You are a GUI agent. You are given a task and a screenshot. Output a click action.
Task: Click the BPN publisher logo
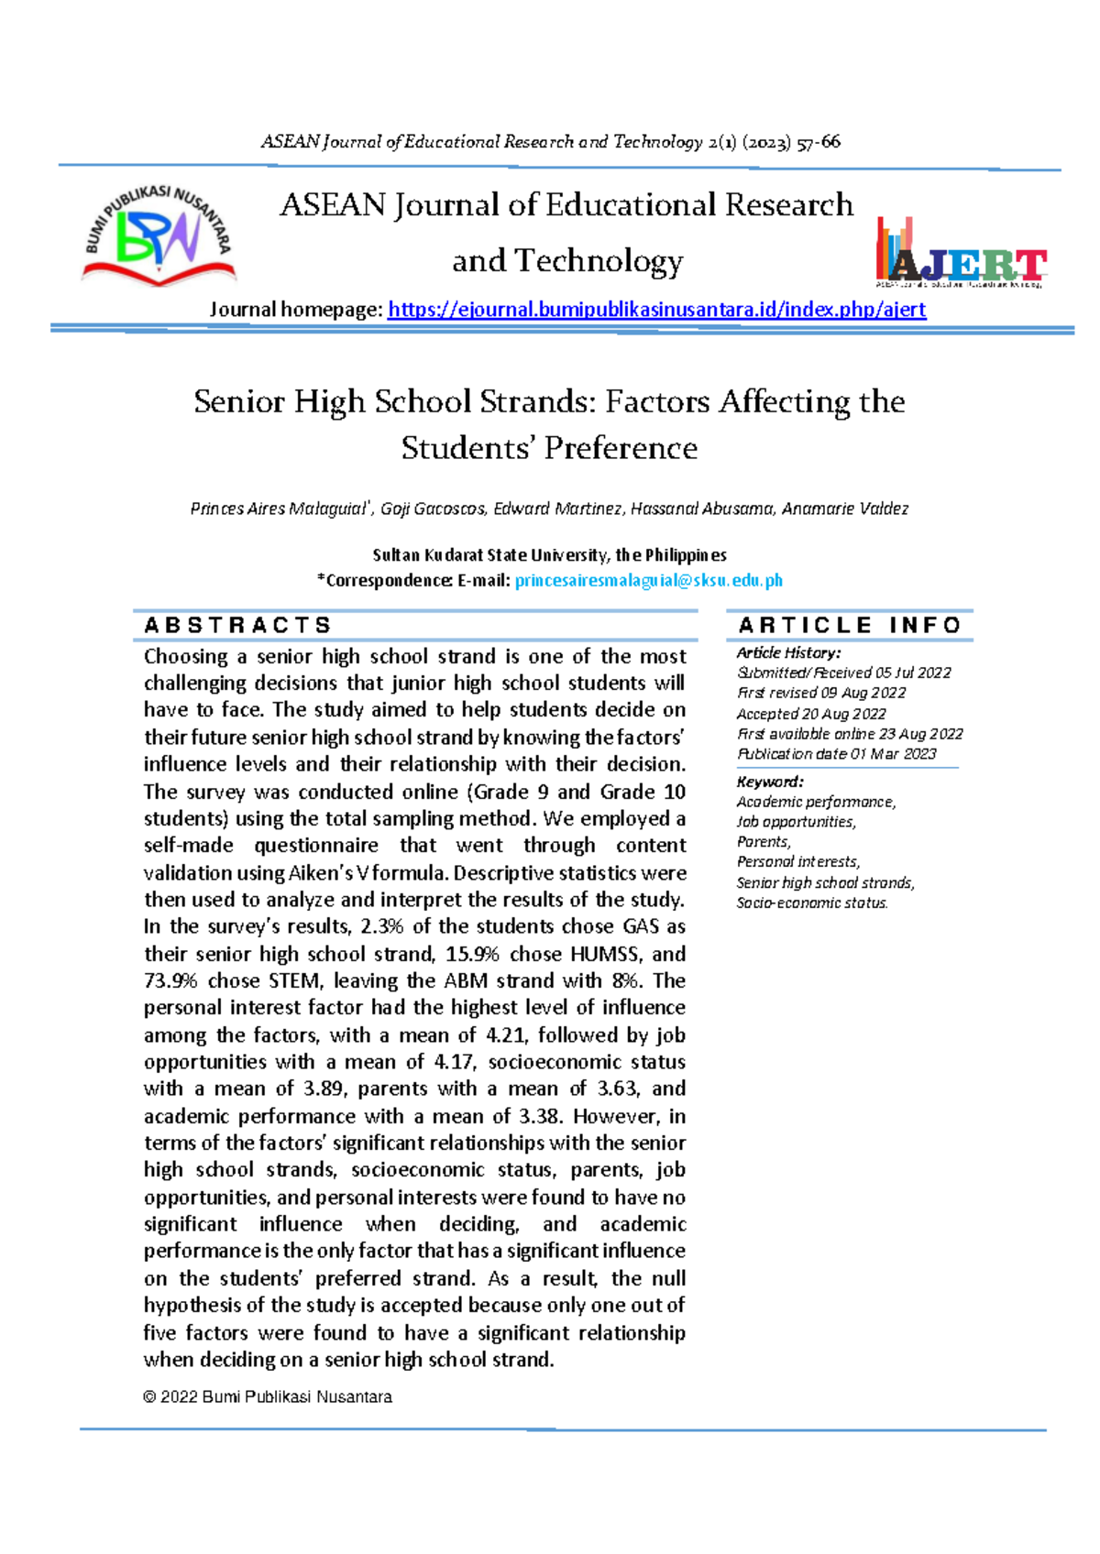(x=159, y=235)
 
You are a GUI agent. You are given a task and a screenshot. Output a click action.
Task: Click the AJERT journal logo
(x=962, y=254)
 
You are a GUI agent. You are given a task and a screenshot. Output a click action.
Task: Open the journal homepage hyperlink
(x=656, y=310)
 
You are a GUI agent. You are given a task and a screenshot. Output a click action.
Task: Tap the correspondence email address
(x=648, y=580)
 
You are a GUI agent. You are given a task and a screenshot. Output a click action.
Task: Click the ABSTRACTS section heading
(x=237, y=625)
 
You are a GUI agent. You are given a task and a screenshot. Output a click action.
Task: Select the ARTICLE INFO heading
(x=850, y=625)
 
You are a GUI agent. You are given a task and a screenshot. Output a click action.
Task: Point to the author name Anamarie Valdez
(x=844, y=509)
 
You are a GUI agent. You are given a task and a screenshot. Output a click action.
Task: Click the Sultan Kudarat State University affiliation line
(x=549, y=555)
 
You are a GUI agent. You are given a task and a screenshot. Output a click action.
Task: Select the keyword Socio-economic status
(x=812, y=903)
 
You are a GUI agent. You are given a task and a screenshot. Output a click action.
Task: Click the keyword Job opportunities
(x=796, y=822)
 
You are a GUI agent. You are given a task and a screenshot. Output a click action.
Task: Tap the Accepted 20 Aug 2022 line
(x=811, y=714)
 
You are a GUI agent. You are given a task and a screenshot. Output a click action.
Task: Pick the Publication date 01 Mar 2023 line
(x=836, y=754)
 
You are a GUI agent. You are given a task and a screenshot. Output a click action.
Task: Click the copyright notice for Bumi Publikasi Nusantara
(x=268, y=1397)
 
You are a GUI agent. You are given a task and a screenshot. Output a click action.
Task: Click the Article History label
(x=788, y=652)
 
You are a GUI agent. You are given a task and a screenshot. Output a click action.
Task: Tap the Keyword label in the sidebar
(x=770, y=782)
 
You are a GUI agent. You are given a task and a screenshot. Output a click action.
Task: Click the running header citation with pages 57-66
(x=550, y=142)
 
